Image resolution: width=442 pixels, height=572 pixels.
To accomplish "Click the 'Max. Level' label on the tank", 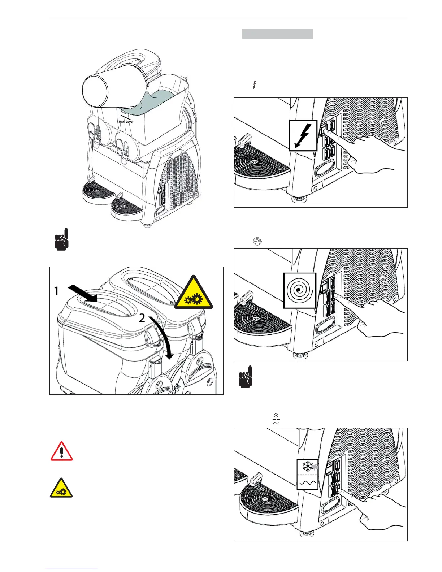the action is (126, 122).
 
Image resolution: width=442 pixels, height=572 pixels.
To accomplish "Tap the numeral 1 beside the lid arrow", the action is (56, 291).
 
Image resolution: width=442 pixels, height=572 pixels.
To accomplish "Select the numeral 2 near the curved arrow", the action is (142, 318).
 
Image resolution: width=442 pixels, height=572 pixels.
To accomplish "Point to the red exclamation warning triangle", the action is (61, 452).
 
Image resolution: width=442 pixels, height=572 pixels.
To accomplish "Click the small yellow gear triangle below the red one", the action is (61, 489).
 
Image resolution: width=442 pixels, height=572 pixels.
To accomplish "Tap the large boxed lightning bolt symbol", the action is (303, 135).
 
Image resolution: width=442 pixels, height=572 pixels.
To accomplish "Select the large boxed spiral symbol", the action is (299, 290).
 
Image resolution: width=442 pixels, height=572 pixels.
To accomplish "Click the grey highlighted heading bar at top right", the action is (277, 34).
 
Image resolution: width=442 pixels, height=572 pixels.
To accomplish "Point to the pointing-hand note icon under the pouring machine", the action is (61, 239).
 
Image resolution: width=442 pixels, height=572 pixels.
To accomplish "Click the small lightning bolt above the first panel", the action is (255, 85).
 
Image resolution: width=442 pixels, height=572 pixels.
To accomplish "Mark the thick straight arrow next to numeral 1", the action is (83, 292).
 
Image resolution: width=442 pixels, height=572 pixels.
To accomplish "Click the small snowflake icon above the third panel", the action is (276, 416).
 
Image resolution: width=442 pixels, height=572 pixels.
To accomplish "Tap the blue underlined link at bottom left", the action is (71, 569).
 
